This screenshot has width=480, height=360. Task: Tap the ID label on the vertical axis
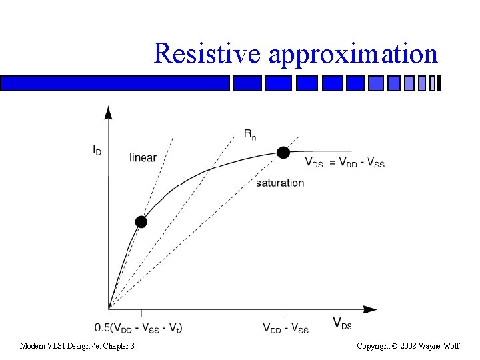click(x=97, y=151)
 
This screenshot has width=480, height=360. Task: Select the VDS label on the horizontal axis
click(x=342, y=324)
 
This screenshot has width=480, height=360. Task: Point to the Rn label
click(x=249, y=135)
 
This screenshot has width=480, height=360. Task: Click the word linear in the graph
click(x=143, y=158)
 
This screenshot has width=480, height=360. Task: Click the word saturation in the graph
click(x=280, y=183)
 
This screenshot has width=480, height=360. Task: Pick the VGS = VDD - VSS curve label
click(x=344, y=162)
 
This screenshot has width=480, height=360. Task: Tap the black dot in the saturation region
click(x=283, y=153)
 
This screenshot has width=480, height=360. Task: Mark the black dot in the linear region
click(x=141, y=221)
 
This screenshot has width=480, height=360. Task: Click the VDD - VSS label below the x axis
click(x=285, y=328)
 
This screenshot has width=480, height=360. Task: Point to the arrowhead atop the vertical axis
click(x=109, y=111)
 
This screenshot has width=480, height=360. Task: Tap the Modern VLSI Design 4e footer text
click(x=77, y=346)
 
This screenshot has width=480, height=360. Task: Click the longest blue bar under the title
click(x=115, y=83)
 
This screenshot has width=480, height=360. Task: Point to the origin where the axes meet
click(x=109, y=309)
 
